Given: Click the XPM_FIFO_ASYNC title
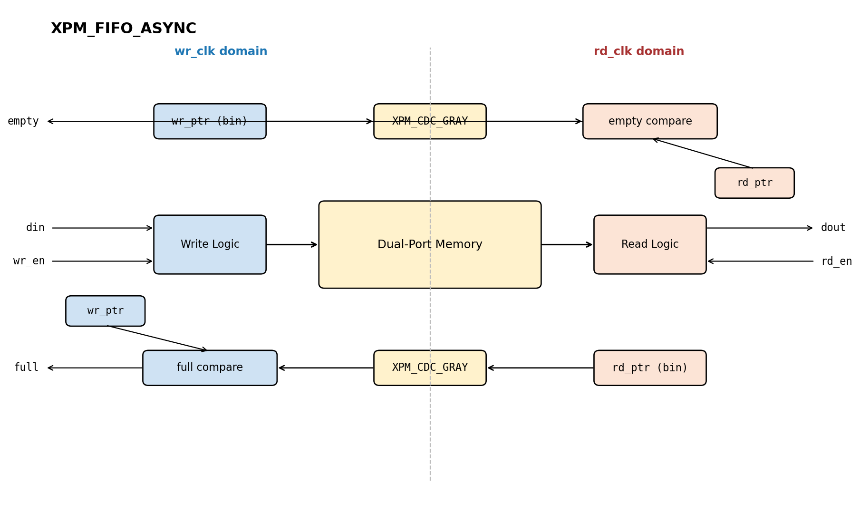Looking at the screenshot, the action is coord(124,29).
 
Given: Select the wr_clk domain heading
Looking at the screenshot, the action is coord(221,52).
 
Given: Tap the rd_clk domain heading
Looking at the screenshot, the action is coord(639,52).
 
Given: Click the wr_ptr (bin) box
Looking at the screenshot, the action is coord(210,121).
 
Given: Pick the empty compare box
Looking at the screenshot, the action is coord(650,121).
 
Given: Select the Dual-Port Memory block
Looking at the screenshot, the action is coord(430,244).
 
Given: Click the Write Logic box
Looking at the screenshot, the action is coord(210,244).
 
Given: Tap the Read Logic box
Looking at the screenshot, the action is coord(650,244).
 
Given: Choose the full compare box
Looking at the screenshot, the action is coord(210,368).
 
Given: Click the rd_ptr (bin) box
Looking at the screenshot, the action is coord(650,368).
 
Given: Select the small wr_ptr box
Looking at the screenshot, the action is coord(105,311).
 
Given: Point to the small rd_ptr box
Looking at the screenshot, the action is coord(754,183).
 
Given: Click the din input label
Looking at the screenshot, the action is coord(35,228).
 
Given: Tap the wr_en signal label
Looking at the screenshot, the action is coord(29,261).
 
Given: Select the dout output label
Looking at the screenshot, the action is coord(833,228).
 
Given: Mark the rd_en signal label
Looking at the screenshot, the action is coord(837,261).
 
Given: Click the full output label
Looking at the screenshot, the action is coord(26,368).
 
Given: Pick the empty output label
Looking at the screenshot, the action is coord(23,121).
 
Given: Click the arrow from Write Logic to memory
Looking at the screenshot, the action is coord(292,244).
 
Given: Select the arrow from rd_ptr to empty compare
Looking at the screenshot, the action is coord(702,153).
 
